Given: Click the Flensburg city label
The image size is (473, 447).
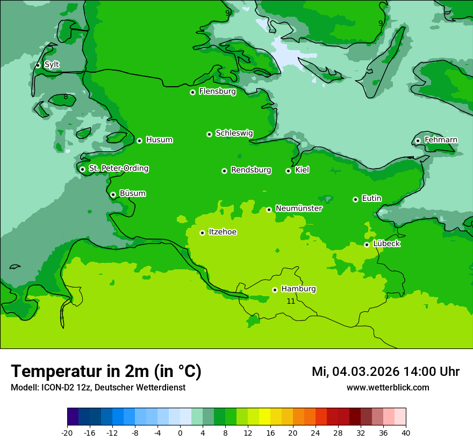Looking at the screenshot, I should click(217, 92).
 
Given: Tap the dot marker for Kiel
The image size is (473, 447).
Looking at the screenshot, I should click(288, 171).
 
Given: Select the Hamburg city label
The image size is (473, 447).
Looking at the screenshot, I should click(298, 289).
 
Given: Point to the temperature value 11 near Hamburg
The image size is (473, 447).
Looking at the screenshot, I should click(291, 301).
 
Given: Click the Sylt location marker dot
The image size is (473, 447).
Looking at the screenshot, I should click(38, 65).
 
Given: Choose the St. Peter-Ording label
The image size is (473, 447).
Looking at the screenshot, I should click(118, 169).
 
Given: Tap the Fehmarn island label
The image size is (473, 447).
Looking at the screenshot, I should click(441, 140).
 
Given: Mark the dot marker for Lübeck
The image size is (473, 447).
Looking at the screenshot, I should click(367, 245).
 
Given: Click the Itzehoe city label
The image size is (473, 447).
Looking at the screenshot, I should click(223, 232).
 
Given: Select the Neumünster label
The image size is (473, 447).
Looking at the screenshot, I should click(299, 208).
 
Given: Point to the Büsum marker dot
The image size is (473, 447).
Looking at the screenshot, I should click(113, 194).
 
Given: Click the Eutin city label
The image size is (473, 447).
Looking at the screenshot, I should click(371, 199).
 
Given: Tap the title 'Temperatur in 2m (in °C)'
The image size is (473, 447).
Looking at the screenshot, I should click(106, 372).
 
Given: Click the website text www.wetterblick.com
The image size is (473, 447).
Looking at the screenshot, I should click(388, 387).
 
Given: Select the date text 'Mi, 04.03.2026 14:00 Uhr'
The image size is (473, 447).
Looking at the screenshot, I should click(385, 372).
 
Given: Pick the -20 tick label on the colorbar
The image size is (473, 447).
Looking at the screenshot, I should click(67, 432).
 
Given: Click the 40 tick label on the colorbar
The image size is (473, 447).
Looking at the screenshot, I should click(406, 432).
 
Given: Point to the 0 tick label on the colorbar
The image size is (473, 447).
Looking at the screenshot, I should click(180, 432).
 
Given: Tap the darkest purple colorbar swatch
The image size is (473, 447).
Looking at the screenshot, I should click(73, 417).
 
